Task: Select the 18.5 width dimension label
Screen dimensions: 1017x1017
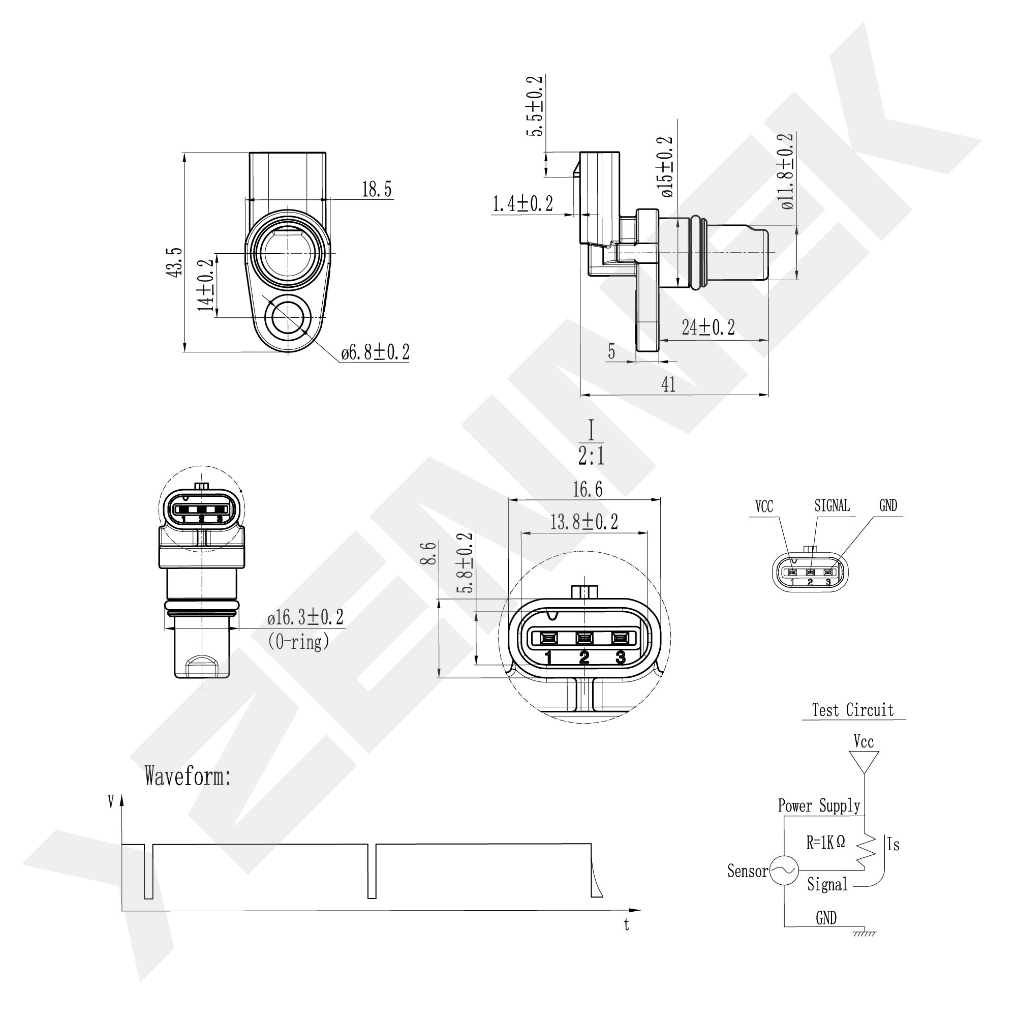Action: point(377,189)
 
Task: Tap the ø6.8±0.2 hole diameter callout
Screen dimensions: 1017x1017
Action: point(375,352)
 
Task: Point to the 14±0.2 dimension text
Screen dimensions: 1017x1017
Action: point(206,285)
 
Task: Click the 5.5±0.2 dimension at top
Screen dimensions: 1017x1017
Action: point(535,106)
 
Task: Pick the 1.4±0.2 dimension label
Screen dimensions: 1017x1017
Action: point(522,204)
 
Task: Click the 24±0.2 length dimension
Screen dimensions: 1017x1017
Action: point(708,327)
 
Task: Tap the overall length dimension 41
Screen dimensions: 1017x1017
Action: point(668,385)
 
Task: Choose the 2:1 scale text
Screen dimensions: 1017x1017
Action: point(591,457)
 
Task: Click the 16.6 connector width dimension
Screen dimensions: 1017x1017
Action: point(588,489)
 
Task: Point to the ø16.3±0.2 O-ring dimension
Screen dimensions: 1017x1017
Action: point(305,617)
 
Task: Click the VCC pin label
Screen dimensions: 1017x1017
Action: point(764,506)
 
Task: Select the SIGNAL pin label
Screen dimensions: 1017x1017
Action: point(831,505)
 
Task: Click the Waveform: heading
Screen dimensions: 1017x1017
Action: point(188,776)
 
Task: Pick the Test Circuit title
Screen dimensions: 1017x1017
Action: point(852,710)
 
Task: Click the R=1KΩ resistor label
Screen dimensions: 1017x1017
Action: point(825,842)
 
